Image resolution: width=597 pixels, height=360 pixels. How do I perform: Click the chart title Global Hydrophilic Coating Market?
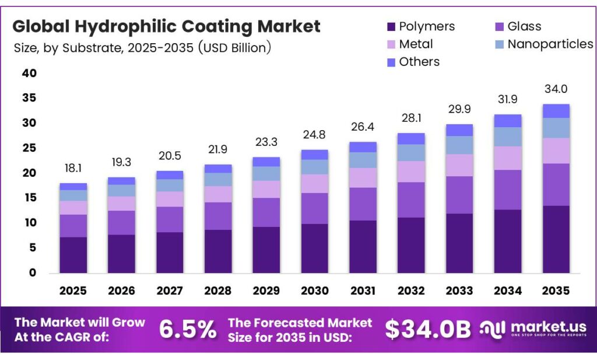pyautogui.click(x=167, y=26)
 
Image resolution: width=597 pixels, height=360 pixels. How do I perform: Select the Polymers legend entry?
pyautogui.click(x=421, y=26)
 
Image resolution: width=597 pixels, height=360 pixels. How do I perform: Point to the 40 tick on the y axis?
pyautogui.click(x=30, y=74)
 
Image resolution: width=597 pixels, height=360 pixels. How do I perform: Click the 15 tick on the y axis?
pyautogui.click(x=30, y=198)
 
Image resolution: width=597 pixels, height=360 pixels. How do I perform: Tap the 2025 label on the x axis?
pyautogui.click(x=73, y=291)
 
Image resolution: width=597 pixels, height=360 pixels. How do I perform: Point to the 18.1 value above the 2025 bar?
pyautogui.click(x=73, y=168)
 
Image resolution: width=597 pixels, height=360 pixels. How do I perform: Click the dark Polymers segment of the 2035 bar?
pyautogui.click(x=556, y=239)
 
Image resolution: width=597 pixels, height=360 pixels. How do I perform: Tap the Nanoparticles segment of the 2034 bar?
pyautogui.click(x=508, y=137)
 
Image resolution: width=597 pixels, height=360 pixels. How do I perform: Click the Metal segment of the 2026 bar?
pyautogui.click(x=121, y=203)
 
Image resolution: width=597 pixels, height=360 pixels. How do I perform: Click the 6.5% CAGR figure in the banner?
pyautogui.click(x=188, y=330)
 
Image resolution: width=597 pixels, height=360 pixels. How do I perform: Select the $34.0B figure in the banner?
pyautogui.click(x=427, y=330)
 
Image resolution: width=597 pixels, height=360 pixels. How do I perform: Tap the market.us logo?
pyautogui.click(x=533, y=330)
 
